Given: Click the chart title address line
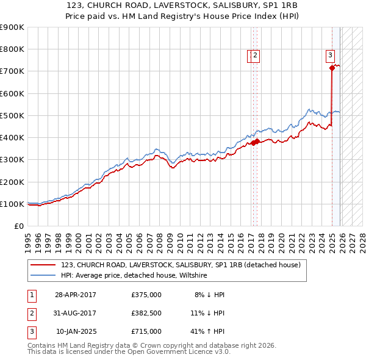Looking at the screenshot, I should pyautogui.click(x=183, y=5).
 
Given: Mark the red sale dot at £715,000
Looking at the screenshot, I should pyautogui.click(x=332, y=68).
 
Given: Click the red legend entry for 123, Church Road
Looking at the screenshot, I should pyautogui.click(x=181, y=265).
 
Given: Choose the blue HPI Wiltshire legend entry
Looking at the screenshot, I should pyautogui.click(x=134, y=276).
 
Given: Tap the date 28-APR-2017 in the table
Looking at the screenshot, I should pyautogui.click(x=76, y=295).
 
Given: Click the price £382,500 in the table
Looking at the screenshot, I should pyautogui.click(x=146, y=313).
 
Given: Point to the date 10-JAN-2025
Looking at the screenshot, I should pyautogui.click(x=76, y=331).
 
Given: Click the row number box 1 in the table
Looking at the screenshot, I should pyautogui.click(x=31, y=295).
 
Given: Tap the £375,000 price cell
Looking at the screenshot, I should pyautogui.click(x=146, y=295).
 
